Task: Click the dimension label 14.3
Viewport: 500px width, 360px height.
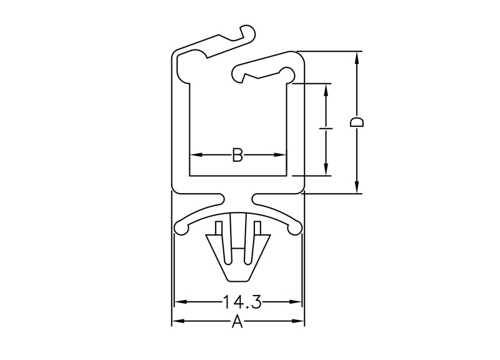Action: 242,302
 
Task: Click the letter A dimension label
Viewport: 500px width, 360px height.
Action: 237,321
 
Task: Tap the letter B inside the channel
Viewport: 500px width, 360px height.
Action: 237,155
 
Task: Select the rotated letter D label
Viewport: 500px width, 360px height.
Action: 357,122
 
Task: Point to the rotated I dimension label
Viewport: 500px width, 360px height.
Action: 326,128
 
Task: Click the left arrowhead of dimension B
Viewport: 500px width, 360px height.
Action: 196,155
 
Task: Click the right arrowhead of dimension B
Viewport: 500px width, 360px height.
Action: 279,155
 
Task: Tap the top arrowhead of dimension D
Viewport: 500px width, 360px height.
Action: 357,57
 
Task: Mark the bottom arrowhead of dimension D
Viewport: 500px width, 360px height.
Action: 357,187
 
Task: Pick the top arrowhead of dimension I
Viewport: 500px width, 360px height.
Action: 326,90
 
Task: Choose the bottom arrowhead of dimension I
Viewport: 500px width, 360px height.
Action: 326,169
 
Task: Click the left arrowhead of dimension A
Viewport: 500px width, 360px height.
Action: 179,321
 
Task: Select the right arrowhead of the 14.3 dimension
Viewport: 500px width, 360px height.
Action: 295,302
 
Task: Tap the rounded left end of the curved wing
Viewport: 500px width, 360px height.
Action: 181,229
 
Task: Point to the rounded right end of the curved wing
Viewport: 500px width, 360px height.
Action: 294,229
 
